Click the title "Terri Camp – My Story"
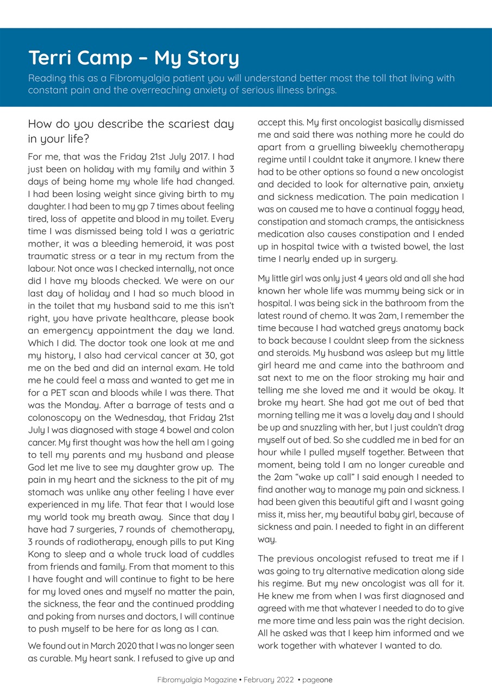pos(133,58)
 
